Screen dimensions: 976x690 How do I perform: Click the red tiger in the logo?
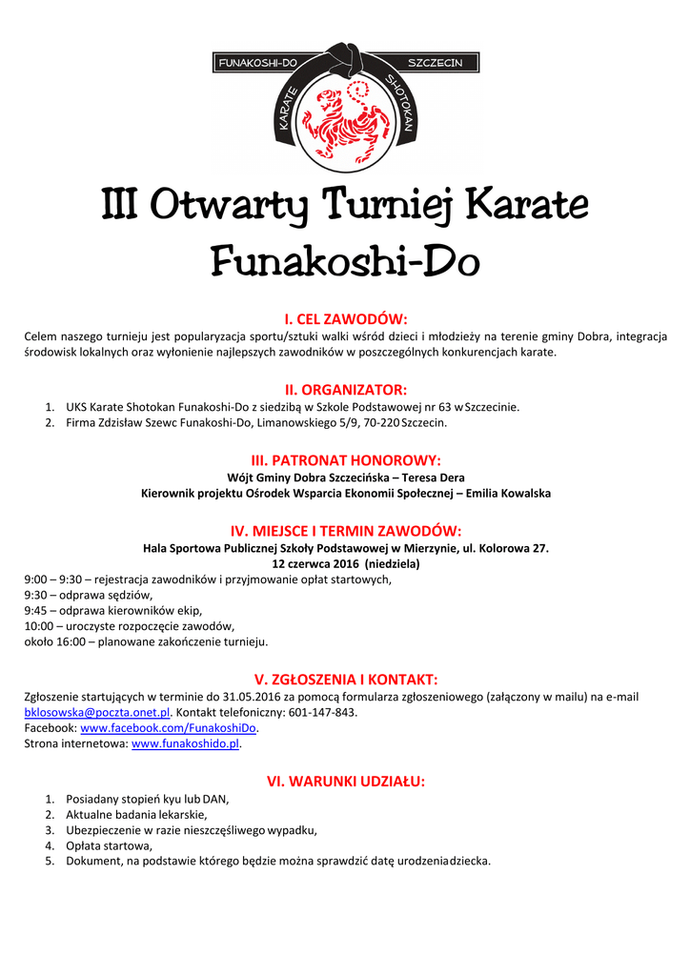345,116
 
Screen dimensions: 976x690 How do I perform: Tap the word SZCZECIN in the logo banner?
435,63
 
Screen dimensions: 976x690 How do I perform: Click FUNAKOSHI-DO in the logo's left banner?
255,63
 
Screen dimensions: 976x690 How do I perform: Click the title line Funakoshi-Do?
345,258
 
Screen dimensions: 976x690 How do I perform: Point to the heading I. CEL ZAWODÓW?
345,318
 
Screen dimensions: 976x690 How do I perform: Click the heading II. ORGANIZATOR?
345,389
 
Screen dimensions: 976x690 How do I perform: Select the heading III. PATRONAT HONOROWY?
345,459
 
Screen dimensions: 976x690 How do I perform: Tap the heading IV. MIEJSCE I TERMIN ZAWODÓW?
345,530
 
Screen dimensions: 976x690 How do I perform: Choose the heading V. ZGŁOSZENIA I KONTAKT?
345,679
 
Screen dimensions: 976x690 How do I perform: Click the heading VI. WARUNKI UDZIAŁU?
345,782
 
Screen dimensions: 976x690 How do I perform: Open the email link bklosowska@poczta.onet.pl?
96,712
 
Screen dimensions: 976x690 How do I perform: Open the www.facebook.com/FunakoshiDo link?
169,728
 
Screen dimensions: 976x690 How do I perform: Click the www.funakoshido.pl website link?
185,743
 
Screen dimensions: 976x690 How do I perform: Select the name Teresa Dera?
434,478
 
